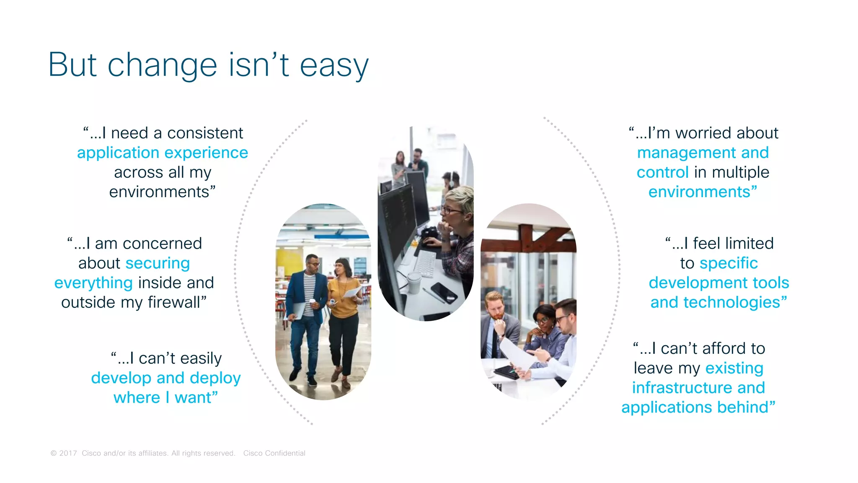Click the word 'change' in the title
click(162, 65)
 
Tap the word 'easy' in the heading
click(334, 66)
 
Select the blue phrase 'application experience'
click(163, 153)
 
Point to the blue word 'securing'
click(158, 263)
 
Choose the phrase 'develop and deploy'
click(166, 378)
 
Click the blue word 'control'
click(662, 172)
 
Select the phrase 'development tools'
click(718, 283)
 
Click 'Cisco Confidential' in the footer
click(274, 453)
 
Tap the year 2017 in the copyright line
click(68, 453)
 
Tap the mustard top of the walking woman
click(341, 293)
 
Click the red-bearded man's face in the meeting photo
click(496, 308)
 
